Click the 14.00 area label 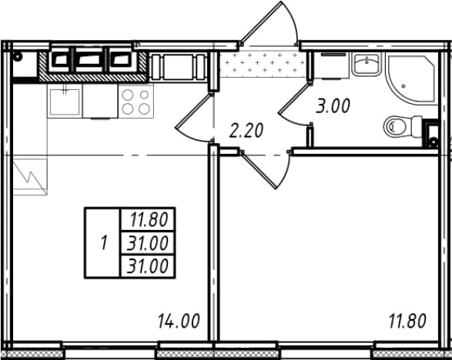coord(179,321)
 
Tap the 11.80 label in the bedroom coord(407,321)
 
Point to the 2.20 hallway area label coord(246,130)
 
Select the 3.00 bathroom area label coord(333,105)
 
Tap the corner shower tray coord(412,78)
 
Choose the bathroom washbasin coord(367,65)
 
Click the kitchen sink coord(65,102)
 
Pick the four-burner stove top coord(136,102)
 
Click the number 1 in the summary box coord(104,242)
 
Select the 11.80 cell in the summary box coord(149,219)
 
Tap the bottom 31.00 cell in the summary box coord(148,266)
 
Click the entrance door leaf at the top coord(261,22)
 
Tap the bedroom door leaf coord(259,171)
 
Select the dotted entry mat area coord(263,64)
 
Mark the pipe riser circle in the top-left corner coord(18,56)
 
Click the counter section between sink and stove coord(100,101)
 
